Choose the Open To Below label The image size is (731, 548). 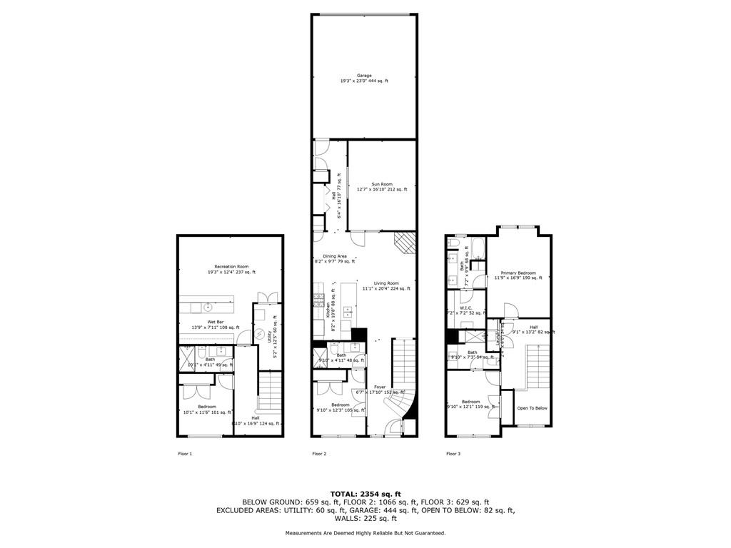coord(532,408)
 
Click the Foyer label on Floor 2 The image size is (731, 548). coord(380,387)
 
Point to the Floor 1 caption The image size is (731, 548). coord(185,454)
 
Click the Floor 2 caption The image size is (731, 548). coord(319,454)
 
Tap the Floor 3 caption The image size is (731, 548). coord(453,454)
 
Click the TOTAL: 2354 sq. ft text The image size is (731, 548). coord(365,494)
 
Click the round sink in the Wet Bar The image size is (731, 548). coord(208,308)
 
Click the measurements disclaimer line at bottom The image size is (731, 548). coord(365,533)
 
